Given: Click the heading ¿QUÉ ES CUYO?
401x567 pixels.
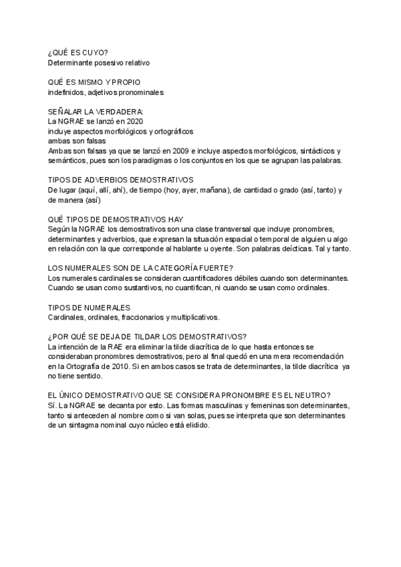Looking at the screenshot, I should click(x=79, y=53).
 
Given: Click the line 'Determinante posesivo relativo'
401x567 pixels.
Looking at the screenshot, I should click(x=99, y=63).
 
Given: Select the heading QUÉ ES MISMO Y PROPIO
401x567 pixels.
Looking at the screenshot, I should click(x=94, y=82).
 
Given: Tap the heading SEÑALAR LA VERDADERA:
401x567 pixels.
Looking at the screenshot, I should click(x=96, y=111).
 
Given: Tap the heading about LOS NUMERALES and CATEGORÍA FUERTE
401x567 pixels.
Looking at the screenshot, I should click(x=140, y=267).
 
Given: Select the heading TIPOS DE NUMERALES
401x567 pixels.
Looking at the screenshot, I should click(x=89, y=307).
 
